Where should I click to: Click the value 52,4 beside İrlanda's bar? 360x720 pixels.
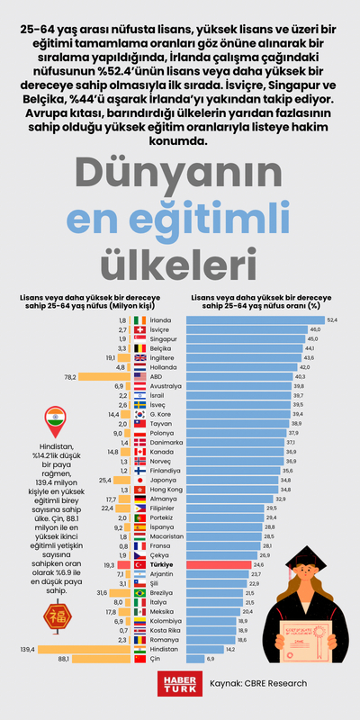pyautogui.click(x=331, y=319)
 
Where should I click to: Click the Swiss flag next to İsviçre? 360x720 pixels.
pyautogui.click(x=139, y=330)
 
